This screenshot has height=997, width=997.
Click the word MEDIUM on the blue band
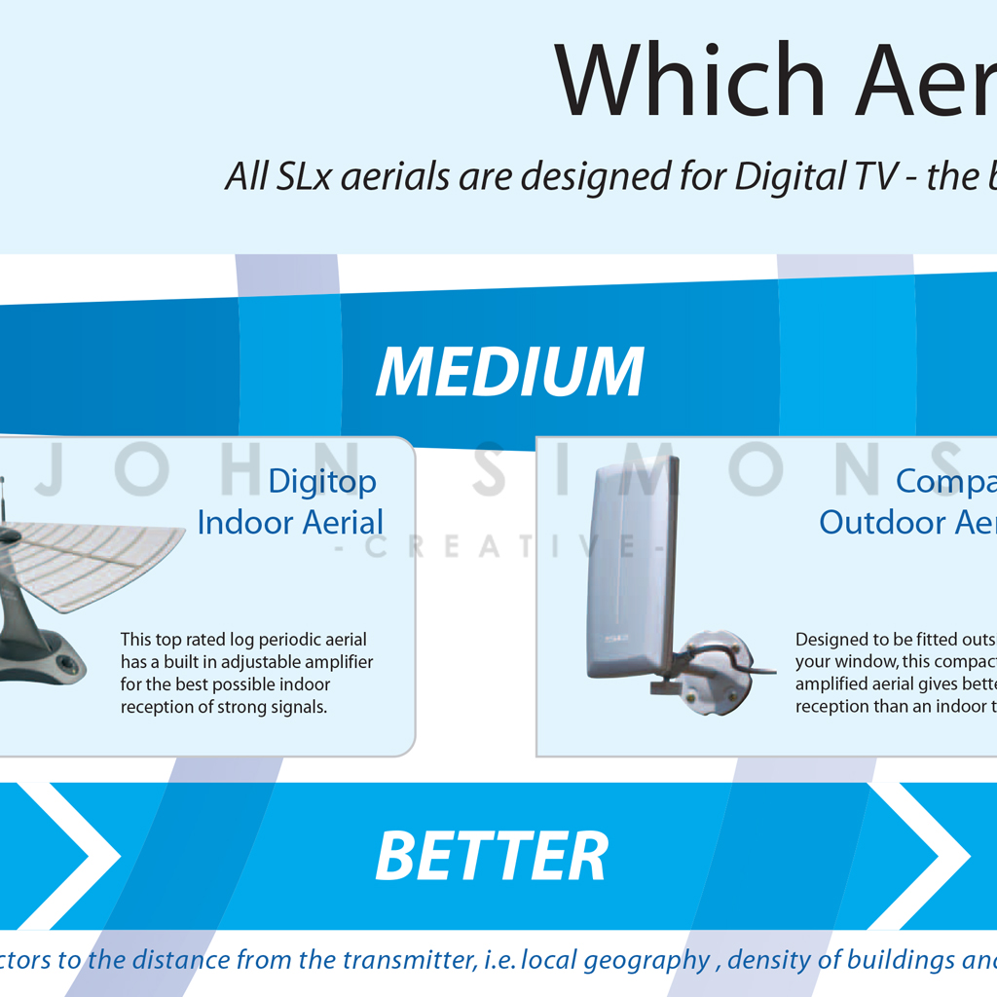point(510,372)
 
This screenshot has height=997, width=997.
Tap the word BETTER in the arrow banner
point(492,856)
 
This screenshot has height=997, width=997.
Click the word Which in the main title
point(690,80)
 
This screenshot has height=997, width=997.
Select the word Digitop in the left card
point(322,483)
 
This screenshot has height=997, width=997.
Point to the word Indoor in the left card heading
point(245,523)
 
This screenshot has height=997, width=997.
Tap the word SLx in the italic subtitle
point(304,176)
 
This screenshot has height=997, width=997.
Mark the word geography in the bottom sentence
point(646,961)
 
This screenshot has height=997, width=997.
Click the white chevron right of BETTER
point(919,856)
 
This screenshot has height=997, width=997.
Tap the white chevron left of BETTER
point(67,856)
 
